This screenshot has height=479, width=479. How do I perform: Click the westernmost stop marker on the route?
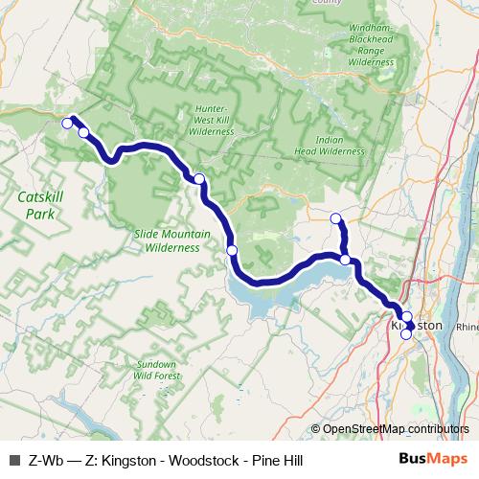[x=67, y=123]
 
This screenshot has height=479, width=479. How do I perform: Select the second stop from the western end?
[x=83, y=132]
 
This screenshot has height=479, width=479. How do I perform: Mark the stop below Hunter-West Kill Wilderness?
[x=199, y=179]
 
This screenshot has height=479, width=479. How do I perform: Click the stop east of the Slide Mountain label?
[x=232, y=250]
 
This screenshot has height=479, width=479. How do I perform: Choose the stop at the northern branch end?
[x=335, y=219]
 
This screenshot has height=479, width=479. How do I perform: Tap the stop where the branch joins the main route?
[x=345, y=260]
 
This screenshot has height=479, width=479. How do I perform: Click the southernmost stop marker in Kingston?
[x=406, y=334]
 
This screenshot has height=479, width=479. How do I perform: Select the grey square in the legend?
[x=13, y=461]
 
